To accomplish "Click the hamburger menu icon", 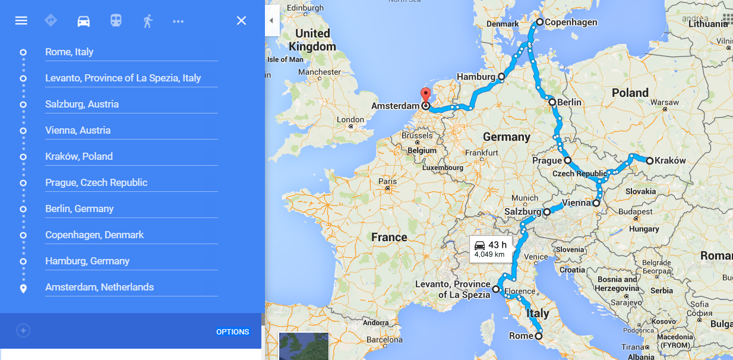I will (x=21, y=21).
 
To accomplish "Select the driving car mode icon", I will (x=84, y=21).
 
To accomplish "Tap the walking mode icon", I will (x=147, y=21).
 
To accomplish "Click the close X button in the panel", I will (x=241, y=21).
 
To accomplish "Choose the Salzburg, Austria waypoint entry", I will (x=82, y=104).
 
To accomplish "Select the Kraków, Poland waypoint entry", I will (x=79, y=156).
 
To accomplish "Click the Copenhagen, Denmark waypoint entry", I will (x=94, y=235).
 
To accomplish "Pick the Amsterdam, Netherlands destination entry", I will (x=99, y=287).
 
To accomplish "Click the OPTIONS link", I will (x=232, y=331).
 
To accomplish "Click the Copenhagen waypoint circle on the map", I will (x=539, y=22).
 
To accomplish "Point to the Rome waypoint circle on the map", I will (x=539, y=336).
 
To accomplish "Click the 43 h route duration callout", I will (x=490, y=248).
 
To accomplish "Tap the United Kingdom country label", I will (x=312, y=40).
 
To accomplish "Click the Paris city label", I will (x=387, y=181).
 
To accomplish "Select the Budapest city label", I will (x=634, y=212).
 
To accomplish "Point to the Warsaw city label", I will (x=664, y=102).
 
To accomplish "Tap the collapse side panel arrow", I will (x=271, y=21).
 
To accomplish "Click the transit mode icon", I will (x=116, y=21).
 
